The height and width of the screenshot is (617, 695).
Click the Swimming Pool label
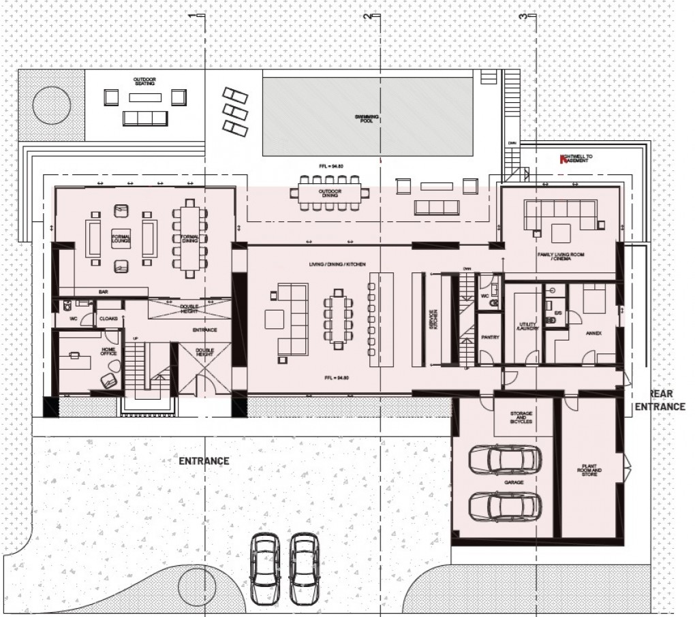(367, 120)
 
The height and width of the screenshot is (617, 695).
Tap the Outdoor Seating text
(144, 82)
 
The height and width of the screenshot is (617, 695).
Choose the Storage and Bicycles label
(521, 417)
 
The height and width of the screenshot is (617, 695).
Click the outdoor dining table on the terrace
(330, 192)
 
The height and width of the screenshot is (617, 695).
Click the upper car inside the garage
(505, 460)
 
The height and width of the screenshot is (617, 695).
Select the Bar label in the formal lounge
(104, 291)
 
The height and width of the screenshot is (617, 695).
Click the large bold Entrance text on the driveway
(204, 461)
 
